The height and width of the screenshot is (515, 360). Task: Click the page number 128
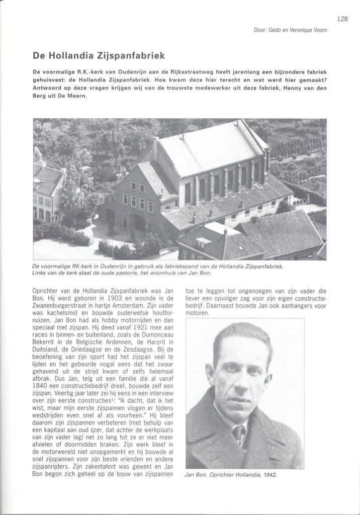click(343, 20)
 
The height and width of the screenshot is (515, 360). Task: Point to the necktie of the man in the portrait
click(239, 434)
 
